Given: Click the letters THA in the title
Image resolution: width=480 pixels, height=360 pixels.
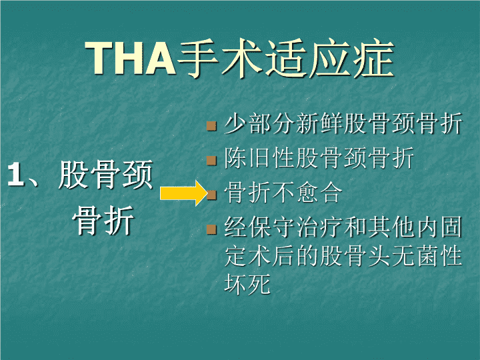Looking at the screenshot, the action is (131, 58).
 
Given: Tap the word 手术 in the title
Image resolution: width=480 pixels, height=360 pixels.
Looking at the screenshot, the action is (220, 58).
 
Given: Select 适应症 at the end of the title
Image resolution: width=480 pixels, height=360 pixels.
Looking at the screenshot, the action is (329, 58).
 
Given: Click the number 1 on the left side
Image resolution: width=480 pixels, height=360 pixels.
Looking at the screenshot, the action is (16, 174).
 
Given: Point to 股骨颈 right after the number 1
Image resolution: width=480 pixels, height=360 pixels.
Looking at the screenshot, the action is (105, 175).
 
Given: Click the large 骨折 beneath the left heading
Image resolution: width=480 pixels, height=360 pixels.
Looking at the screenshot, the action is (103, 220).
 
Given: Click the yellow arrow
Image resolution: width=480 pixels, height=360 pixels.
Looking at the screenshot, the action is (184, 193).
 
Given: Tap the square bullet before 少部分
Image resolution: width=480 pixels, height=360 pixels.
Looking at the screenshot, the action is (211, 126).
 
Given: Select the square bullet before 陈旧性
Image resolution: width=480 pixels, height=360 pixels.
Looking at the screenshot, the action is (211, 161).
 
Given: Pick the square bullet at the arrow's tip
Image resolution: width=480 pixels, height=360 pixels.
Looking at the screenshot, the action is (212, 195).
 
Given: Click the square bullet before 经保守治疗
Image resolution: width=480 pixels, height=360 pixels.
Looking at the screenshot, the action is (211, 229).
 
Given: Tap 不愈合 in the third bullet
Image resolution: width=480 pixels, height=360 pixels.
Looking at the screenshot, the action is (307, 193).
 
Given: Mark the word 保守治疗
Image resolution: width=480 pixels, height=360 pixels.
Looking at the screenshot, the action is (296, 227).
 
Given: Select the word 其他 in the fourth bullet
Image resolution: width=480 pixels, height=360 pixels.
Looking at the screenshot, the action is (391, 227).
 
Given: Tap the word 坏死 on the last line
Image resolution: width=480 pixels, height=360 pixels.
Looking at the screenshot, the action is (247, 284).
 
